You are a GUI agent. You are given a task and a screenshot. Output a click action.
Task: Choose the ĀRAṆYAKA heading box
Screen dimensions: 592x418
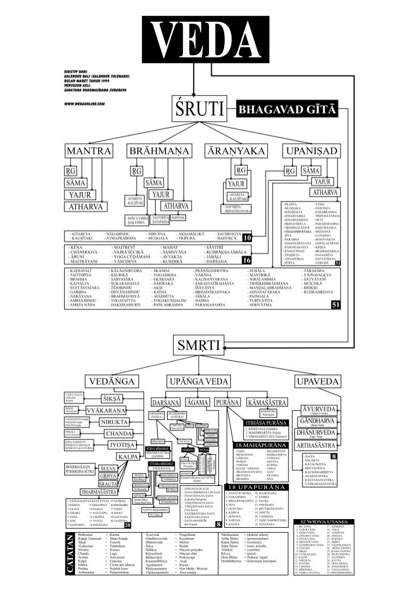235,150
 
